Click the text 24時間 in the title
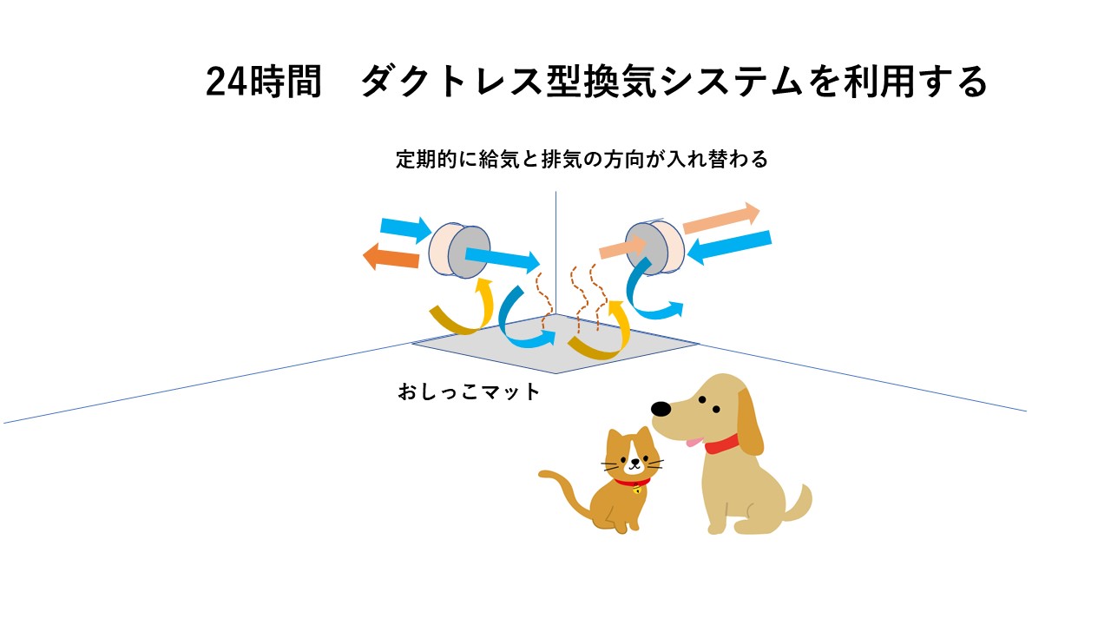point(264,82)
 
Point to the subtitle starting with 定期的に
point(582,159)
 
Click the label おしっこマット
point(469,391)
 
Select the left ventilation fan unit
point(459,251)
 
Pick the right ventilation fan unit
point(654,248)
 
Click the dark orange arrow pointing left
point(391,256)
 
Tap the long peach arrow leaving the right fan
point(721,218)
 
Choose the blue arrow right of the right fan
point(729,247)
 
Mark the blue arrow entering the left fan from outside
point(405,228)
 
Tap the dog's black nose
point(661,409)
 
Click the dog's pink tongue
point(694,442)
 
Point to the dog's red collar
point(721,444)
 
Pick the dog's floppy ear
point(750,422)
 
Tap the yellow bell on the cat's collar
point(637,490)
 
